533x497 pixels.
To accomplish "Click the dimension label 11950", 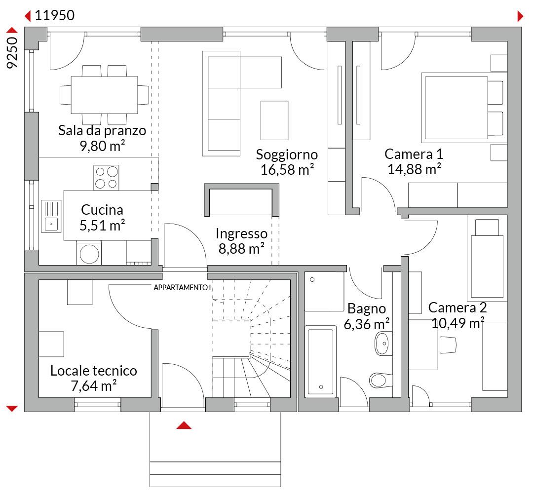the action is [55, 15].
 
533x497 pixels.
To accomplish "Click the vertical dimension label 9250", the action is [12, 53].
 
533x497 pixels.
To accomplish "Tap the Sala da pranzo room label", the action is [102, 130].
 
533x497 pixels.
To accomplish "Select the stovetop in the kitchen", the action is [106, 178].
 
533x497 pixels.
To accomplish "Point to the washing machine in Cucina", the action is [89, 253].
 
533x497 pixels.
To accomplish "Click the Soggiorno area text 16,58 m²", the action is [287, 170].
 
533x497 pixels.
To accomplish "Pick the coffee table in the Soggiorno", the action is [274, 120].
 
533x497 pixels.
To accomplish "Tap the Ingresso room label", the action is [241, 233].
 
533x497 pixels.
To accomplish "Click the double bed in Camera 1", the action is [462, 108].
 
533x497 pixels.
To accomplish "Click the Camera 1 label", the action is [414, 154].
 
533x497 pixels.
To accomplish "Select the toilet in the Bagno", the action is [381, 380].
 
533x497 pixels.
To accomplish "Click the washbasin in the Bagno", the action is [383, 344].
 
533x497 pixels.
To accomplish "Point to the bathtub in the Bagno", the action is [321, 362].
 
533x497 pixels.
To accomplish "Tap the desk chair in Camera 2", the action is [448, 345].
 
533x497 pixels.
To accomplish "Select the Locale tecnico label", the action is [93, 371].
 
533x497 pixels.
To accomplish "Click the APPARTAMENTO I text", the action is [182, 288].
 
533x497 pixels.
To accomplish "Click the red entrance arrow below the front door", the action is [184, 425].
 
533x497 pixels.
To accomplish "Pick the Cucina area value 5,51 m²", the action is [102, 226].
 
